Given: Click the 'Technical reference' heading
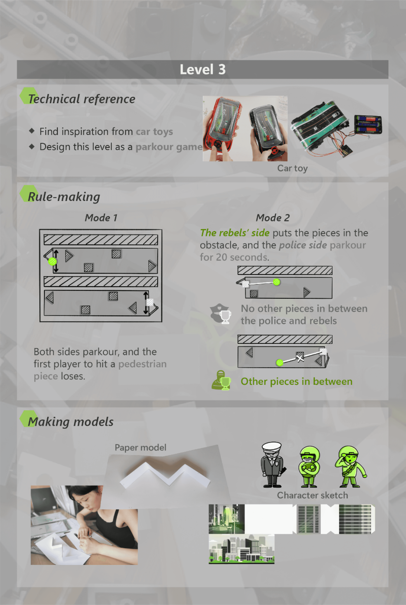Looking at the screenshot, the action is [x=81, y=99].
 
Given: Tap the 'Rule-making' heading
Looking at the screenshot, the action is [x=64, y=197].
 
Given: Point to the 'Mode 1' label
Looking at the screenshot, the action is [x=101, y=218].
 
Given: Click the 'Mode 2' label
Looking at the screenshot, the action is [x=273, y=218].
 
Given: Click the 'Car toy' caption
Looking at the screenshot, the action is [x=292, y=168].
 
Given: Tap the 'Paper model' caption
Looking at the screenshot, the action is [x=140, y=447].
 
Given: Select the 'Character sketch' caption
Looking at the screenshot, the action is [x=312, y=495].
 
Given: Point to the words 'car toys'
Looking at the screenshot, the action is [x=154, y=132].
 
